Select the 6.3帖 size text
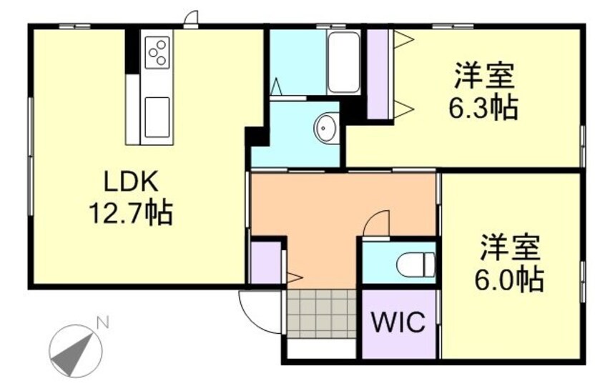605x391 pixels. [483, 108]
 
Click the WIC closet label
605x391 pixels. [398, 322]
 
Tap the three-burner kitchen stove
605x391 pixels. [157, 52]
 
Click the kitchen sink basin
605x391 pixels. [157, 116]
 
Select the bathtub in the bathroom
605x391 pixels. [343, 62]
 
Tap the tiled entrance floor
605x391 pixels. [321, 313]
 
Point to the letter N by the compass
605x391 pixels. [103, 323]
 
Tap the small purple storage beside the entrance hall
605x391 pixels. [265, 263]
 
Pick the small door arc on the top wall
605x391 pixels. [191, 19]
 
